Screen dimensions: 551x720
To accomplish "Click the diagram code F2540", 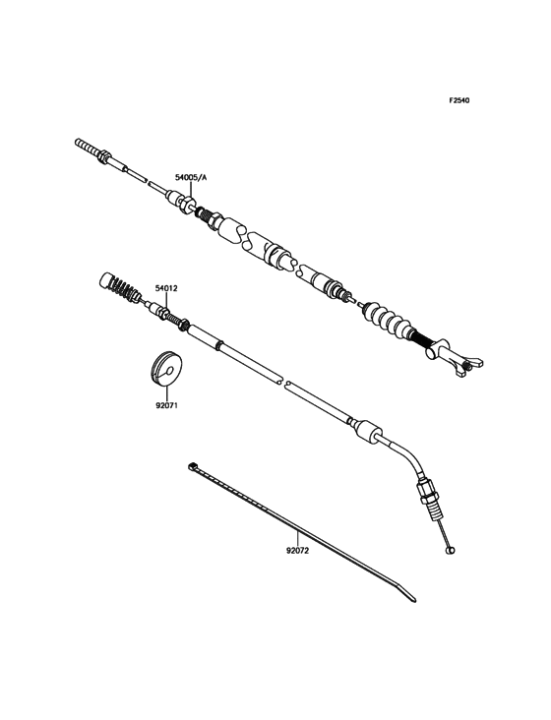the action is click(459, 100).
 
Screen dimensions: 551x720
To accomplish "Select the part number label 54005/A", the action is click(191, 177).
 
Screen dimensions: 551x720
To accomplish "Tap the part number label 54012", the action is click(166, 288).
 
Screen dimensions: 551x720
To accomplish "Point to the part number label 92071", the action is click(166, 406).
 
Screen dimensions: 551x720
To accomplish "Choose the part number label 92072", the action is click(297, 551).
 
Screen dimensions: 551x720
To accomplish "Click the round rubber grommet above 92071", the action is click(166, 367).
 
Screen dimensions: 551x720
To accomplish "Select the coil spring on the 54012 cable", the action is click(124, 288).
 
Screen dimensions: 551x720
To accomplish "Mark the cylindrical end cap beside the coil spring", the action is click(106, 280).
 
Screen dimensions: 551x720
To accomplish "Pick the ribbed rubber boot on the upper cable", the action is click(387, 321).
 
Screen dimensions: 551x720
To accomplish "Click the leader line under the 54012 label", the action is click(166, 301).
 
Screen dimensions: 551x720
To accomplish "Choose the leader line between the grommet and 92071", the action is click(166, 391).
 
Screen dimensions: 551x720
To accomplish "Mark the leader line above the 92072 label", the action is click(297, 538).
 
